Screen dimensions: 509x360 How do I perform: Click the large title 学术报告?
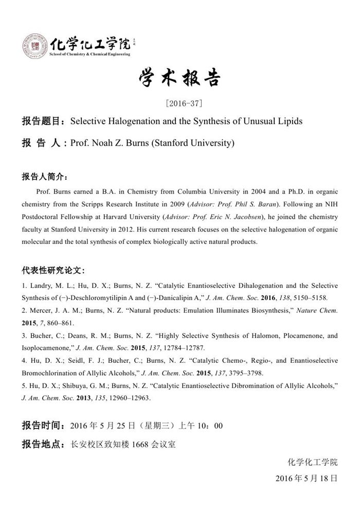tap(179, 78)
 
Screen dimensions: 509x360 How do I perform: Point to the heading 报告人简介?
tap(44, 177)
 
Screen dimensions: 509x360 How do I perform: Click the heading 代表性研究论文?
tap(53, 270)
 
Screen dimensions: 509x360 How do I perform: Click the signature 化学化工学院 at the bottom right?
tap(313, 462)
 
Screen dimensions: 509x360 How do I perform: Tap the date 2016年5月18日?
tap(307, 478)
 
